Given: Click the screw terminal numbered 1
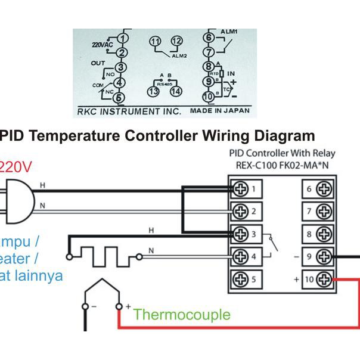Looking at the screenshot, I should pos(241,189).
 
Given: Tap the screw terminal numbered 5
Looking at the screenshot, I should pos(241,278).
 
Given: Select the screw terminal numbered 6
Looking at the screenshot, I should pos(324,190).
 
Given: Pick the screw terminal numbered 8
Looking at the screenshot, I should pos(324,234).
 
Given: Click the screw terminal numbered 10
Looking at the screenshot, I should pos(324,278).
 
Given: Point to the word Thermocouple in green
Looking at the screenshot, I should pos(182,314).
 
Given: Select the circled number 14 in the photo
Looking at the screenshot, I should pos(175,92).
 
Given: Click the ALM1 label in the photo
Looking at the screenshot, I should pos(229,32).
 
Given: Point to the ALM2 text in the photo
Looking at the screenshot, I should pos(179,55).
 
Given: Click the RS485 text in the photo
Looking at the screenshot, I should pos(163,85).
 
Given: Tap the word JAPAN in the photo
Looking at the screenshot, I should pos(237,111).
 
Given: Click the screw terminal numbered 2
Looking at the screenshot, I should pos(241,211).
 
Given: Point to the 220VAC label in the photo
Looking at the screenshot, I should pos(102,45).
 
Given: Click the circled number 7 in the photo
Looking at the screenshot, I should pos(208,52).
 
